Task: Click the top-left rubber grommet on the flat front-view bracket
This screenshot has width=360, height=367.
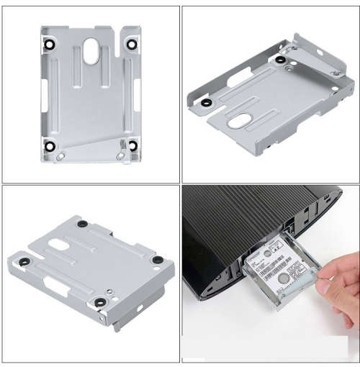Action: (49, 44)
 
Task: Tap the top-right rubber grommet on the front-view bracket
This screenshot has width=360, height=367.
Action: (132, 44)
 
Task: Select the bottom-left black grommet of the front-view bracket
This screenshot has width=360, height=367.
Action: (49, 147)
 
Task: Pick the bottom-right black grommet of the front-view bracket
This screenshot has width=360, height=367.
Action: (132, 146)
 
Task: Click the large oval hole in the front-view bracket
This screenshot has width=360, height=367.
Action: (91, 52)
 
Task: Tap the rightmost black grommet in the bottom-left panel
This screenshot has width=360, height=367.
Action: (157, 260)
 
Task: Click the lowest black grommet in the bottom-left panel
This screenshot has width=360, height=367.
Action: (98, 302)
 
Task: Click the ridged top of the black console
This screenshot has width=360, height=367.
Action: (245, 216)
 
